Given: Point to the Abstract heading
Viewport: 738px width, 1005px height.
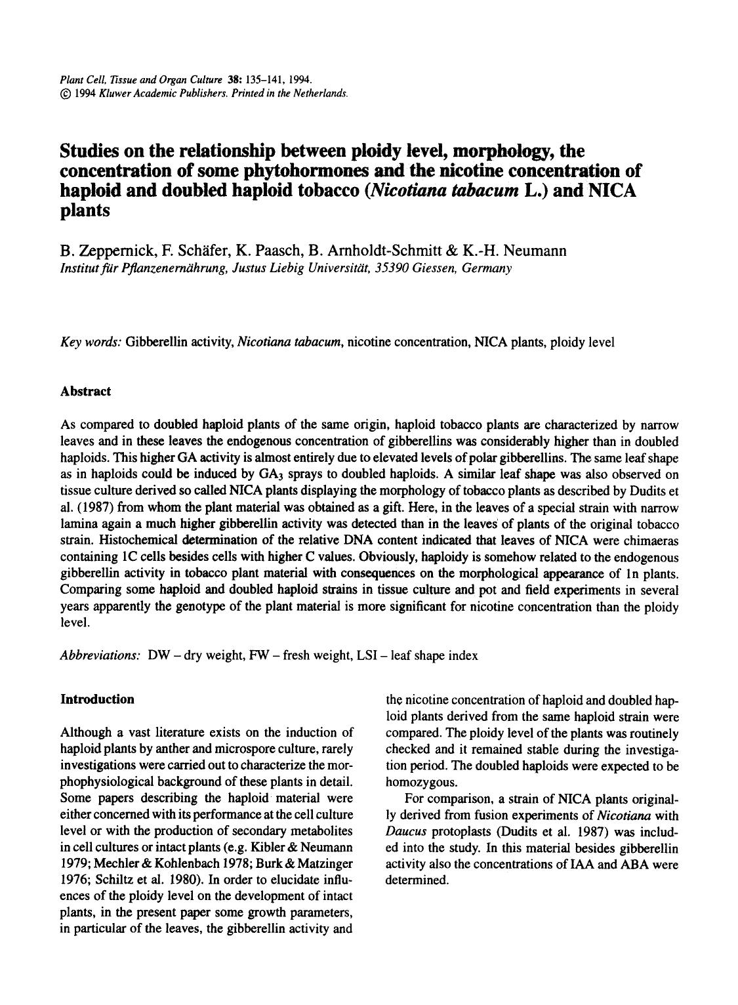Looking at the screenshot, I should point(85,392).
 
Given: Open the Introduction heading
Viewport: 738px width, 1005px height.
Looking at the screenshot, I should point(97,699).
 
